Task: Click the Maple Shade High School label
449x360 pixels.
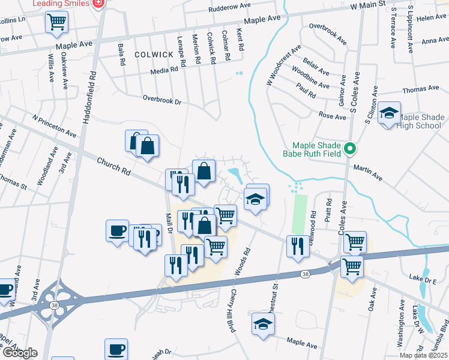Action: (420, 121)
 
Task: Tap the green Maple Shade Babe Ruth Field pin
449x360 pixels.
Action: (352, 149)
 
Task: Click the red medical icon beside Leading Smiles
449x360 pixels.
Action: (100, 4)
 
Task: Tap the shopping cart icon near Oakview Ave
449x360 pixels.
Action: (56, 23)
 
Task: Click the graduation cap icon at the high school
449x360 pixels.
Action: (389, 113)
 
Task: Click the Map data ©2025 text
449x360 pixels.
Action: (423, 355)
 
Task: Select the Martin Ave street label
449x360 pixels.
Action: (367, 173)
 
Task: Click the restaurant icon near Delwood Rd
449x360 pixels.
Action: (298, 245)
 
